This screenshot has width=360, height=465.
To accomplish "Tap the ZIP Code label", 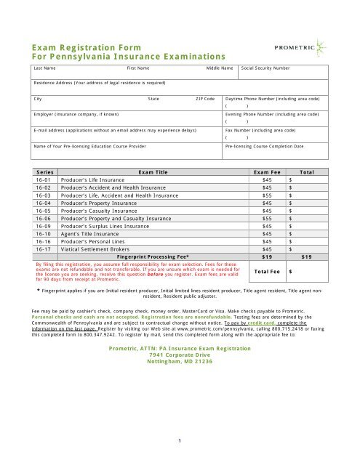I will click(x=204, y=97).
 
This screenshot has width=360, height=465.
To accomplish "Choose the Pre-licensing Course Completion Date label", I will click(x=265, y=146).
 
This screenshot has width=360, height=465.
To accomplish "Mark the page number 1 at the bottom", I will click(x=179, y=439).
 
